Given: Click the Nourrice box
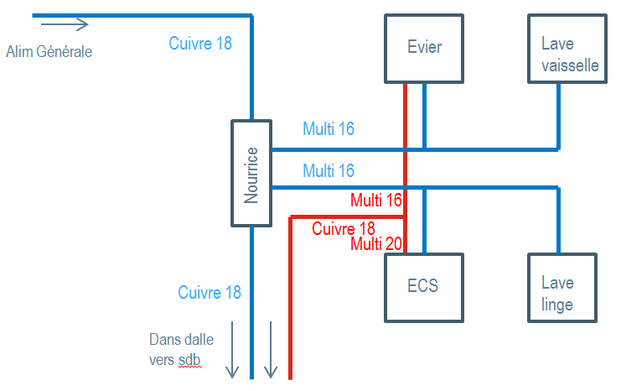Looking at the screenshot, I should point(251,173).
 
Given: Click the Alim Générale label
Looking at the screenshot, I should point(49,52).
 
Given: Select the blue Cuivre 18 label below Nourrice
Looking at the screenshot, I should point(210,292).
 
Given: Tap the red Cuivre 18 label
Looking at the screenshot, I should point(344,228).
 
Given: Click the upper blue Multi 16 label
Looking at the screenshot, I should point(329,129).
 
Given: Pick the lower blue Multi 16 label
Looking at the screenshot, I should point(329,171).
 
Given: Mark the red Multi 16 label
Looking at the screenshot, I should point(376,201).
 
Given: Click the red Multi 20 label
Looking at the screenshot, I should point(376,244).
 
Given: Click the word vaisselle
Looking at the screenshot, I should point(570,65).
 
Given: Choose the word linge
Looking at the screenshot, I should point(557,304).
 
